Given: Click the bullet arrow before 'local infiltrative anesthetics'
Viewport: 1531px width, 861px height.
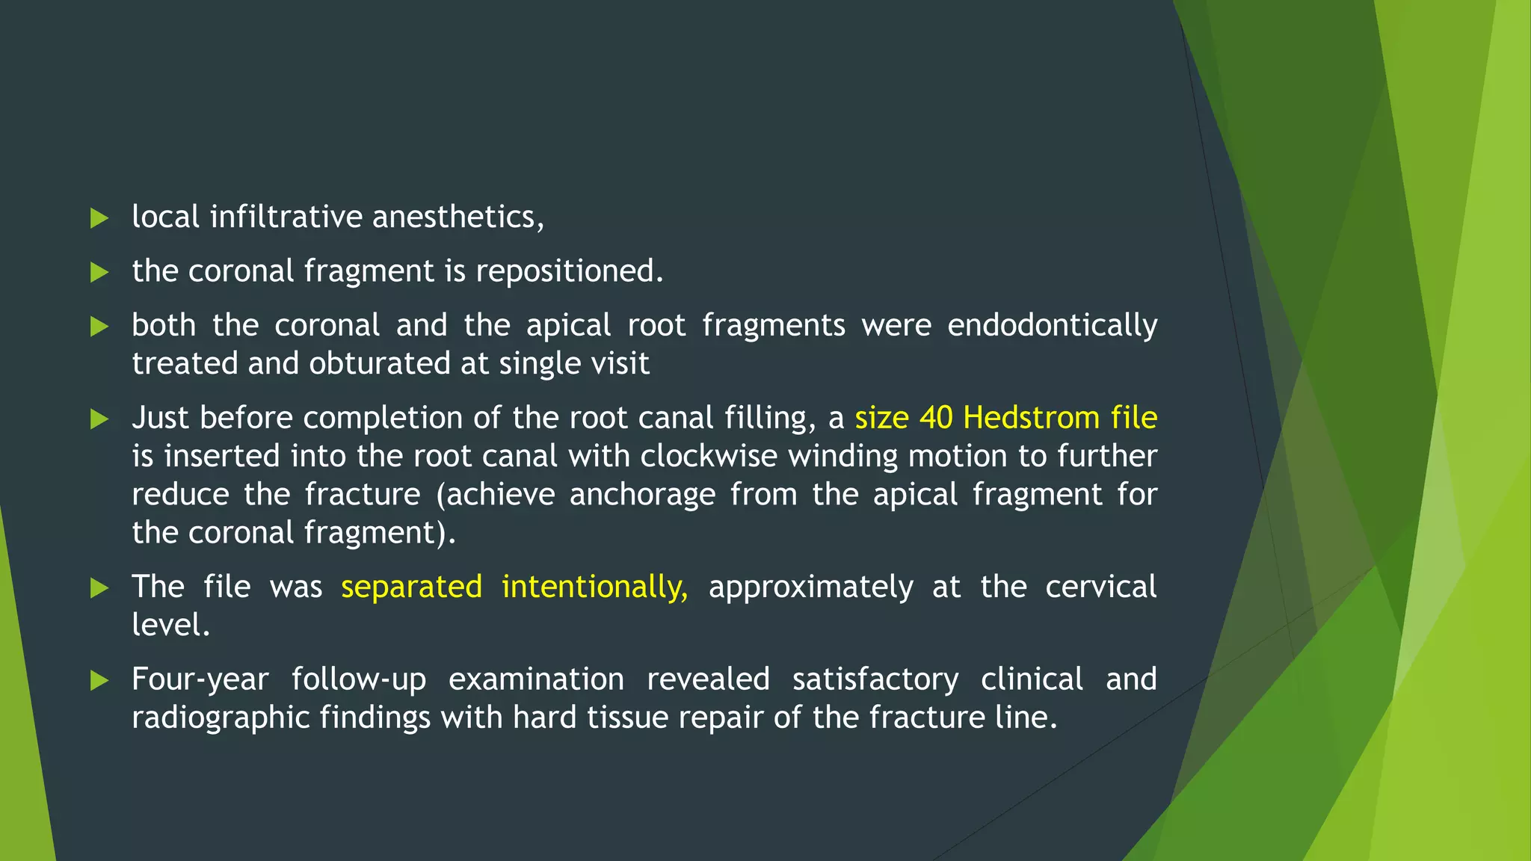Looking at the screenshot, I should [99, 218].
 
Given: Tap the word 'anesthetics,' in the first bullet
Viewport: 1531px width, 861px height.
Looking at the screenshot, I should [458, 217].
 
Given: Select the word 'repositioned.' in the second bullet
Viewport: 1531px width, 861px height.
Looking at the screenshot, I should [569, 271].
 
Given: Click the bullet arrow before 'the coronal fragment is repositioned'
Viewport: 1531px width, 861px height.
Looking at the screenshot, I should [99, 272].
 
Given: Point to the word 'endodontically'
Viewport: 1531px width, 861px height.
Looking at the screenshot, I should [1052, 326].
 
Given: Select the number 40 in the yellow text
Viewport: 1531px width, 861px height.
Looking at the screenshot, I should [935, 418].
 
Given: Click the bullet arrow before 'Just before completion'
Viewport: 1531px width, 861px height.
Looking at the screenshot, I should [99, 419].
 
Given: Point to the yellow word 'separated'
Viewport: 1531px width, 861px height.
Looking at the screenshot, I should [411, 587].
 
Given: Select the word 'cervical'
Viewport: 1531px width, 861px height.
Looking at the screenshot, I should [1100, 587].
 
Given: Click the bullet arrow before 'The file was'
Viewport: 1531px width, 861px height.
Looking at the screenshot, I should [99, 588].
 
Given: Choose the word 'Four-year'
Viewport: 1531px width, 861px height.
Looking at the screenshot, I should [200, 679].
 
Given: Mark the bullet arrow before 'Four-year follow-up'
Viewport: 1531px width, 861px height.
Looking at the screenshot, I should [99, 680].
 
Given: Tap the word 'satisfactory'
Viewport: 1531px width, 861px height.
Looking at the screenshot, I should [875, 679].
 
